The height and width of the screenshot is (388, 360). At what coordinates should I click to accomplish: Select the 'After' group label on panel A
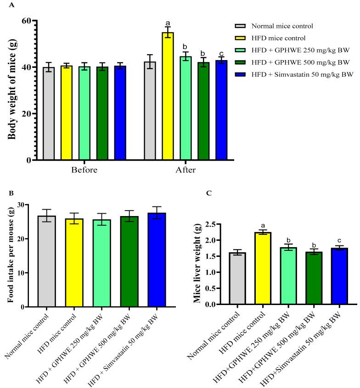tap(186, 170)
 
